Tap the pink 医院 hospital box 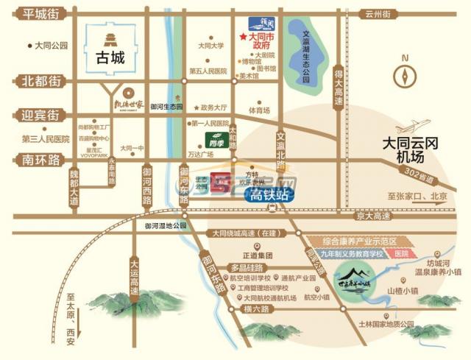(x=400, y=253)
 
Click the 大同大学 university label (x=210, y=46)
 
